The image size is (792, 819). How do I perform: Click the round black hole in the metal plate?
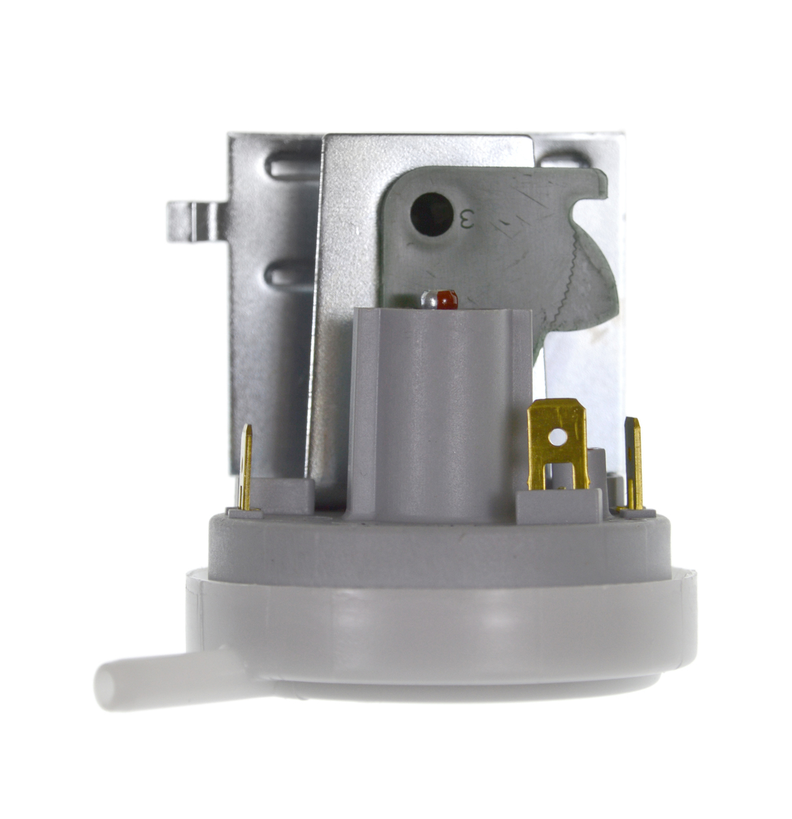[431, 214]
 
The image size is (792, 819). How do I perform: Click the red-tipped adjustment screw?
[440, 299]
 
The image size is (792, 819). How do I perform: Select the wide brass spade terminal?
[558, 444]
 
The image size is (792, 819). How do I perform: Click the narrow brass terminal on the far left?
[244, 467]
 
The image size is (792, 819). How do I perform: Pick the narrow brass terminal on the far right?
[634, 464]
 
